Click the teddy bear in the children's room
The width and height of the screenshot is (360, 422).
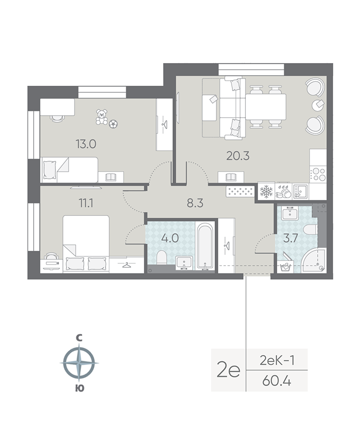tap(102, 117)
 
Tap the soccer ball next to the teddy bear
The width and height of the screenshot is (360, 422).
tap(113, 124)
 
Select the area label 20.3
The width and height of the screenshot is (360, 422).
tap(238, 156)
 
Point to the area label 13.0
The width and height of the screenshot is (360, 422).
tap(86, 144)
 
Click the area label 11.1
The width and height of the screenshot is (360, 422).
tap(86, 203)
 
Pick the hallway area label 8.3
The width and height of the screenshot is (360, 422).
tap(195, 203)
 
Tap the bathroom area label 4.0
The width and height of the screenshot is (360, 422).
tap(171, 238)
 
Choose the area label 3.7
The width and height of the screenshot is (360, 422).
tap(291, 239)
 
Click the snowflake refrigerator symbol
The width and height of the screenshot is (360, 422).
tap(266, 192)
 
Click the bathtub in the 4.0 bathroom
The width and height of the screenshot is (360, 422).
tap(205, 246)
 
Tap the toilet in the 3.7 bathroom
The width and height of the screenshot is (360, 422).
tap(310, 230)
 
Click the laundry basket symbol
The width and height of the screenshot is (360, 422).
tap(286, 266)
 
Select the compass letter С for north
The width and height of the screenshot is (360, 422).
tap(79, 338)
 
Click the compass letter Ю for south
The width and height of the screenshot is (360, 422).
tap(79, 388)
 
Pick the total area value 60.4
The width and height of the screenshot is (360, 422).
tap(277, 381)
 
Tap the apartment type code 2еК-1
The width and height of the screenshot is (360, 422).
tap(277, 360)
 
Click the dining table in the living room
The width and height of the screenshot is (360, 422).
tap(266, 107)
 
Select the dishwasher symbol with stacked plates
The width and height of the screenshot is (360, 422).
tap(284, 192)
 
